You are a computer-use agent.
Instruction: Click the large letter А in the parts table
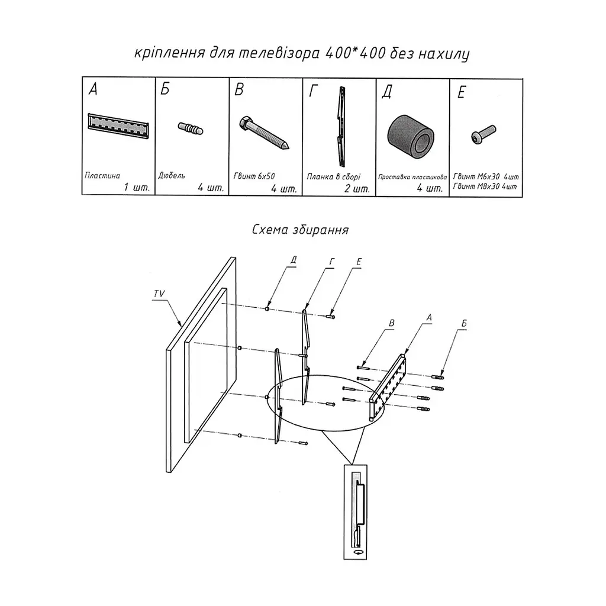coord(93,89)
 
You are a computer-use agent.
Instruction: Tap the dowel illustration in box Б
coord(191,128)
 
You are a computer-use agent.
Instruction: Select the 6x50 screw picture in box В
coord(265,133)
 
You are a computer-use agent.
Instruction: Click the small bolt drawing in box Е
coord(483,134)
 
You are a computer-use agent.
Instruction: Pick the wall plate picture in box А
coord(118,125)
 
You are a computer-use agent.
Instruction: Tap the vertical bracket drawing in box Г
coord(340,125)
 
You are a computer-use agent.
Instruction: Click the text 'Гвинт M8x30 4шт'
coord(485,186)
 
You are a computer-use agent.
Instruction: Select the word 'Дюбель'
coord(172,175)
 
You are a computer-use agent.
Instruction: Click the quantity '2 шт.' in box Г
coord(357,189)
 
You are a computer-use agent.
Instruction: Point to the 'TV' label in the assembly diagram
coord(159,294)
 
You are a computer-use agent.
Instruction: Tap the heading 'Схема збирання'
coord(300,230)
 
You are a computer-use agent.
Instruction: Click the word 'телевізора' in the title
coord(279,53)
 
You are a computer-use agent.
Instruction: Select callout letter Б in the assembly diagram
coord(464,323)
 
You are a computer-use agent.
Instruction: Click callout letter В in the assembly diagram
coord(391,323)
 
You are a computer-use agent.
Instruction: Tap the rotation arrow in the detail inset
coord(358,552)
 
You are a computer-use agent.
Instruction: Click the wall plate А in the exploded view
coord(388,387)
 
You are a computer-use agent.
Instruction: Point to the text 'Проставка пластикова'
coord(412,177)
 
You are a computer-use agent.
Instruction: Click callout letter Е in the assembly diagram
coord(358,262)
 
